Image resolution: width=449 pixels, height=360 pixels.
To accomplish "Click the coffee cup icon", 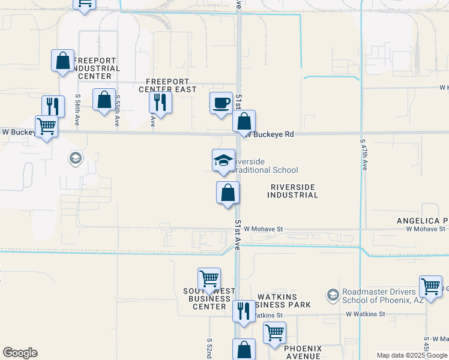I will [221, 103].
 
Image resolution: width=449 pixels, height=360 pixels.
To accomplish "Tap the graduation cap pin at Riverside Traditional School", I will [223, 160].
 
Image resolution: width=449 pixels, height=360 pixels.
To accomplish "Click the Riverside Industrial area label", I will [292, 191].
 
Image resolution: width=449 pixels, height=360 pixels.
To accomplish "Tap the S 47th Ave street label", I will [364, 155].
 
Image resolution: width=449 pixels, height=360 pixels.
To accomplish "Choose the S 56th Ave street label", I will [78, 109].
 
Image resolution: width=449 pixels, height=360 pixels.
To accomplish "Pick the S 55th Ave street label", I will [118, 110].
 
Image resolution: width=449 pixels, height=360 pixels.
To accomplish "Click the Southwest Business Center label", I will [209, 298].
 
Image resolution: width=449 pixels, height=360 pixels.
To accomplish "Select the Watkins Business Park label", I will [284, 301].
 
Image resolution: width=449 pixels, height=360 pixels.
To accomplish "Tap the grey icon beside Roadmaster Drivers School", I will [333, 295].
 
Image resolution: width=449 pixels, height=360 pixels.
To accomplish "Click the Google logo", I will [20, 353].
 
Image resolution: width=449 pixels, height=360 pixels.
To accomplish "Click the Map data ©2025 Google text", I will [411, 355].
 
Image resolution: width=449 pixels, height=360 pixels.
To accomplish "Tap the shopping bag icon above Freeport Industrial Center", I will [63, 61].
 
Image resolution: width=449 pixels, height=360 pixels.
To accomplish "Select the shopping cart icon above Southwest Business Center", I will [209, 279].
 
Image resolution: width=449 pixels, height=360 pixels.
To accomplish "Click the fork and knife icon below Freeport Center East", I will [160, 102].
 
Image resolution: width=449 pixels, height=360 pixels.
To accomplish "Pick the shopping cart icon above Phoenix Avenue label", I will [274, 332].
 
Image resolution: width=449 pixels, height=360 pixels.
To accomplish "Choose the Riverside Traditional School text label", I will [264, 166].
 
